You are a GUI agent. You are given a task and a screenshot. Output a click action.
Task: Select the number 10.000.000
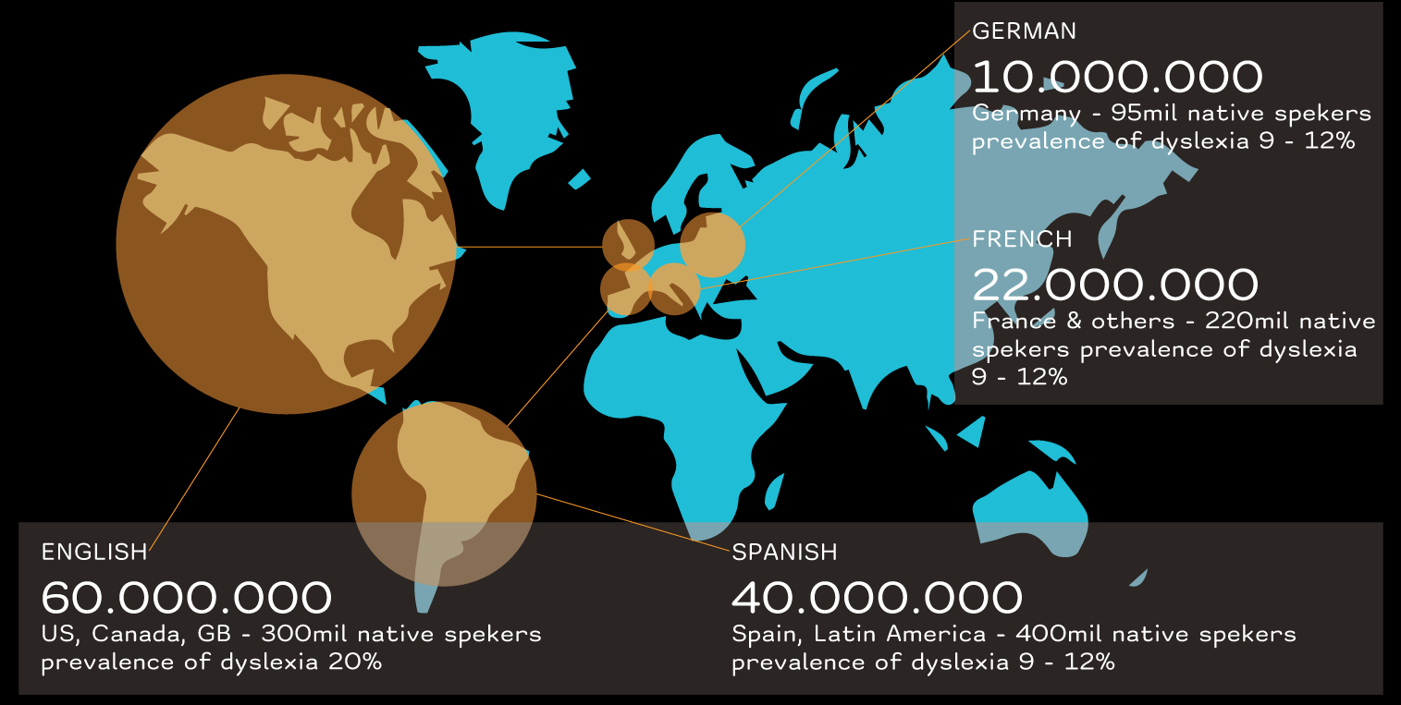point(1117,78)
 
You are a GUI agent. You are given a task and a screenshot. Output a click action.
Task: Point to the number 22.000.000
point(1115,286)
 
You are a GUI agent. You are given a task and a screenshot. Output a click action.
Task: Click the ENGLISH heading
point(94,553)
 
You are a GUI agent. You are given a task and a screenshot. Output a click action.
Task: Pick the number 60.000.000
point(187,599)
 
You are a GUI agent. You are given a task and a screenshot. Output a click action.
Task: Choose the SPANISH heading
point(784,553)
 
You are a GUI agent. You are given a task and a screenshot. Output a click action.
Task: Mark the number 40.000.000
point(877,599)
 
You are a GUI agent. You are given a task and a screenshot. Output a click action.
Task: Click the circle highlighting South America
point(444,493)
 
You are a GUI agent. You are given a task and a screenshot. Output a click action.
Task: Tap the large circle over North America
point(287,244)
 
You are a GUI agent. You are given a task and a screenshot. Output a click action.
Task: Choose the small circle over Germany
point(713,245)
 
